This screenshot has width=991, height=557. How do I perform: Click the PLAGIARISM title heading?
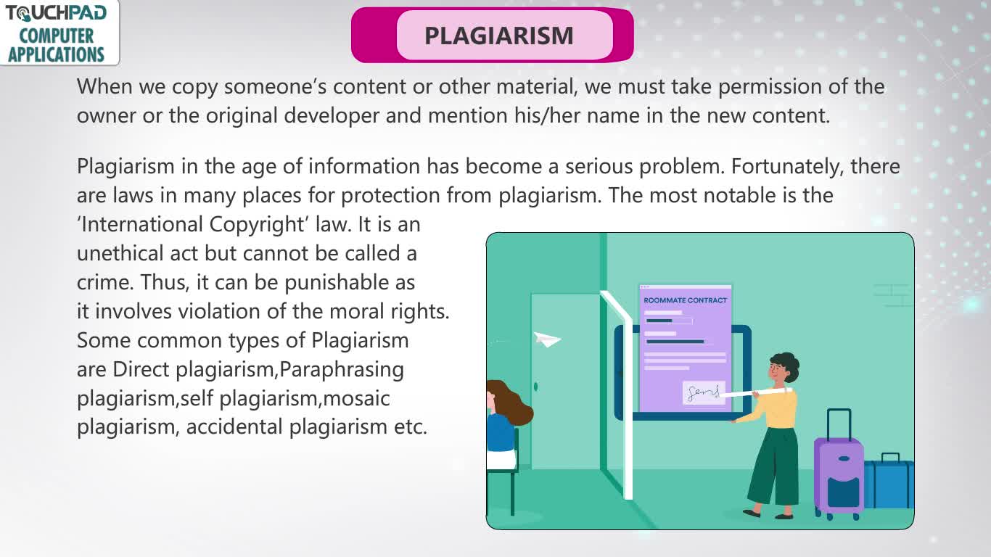pyautogui.click(x=498, y=36)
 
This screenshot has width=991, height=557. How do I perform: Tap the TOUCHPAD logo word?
pyautogui.click(x=56, y=13)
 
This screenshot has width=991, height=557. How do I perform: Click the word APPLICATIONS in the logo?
pyautogui.click(x=56, y=55)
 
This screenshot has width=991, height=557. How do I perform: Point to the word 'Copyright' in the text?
pyautogui.click(x=256, y=225)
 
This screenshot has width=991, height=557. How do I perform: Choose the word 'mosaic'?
pyautogui.click(x=356, y=398)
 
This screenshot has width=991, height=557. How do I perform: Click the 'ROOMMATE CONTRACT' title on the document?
pyautogui.click(x=686, y=300)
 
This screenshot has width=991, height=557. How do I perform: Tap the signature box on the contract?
pyautogui.click(x=704, y=392)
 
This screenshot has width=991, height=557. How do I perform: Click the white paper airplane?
pyautogui.click(x=547, y=339)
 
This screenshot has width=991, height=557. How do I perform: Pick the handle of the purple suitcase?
pyautogui.click(x=839, y=424)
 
